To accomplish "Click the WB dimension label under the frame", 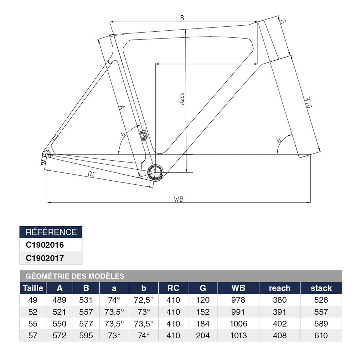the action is pos(179,199).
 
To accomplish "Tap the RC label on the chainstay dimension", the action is pos(91,174).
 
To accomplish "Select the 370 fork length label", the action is pos(308,102).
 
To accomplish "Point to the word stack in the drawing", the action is pos(182,99).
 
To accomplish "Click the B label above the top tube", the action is pos(182,18).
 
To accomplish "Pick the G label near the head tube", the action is pos(283,22).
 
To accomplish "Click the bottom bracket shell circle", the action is pos(155,172).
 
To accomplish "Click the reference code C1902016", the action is pos(45,245).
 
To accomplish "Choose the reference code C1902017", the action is pos(45,258).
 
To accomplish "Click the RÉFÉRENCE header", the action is pos(51,232).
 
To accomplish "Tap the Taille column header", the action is pos(33,288).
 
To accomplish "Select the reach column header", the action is pos(280,288).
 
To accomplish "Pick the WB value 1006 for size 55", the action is pos(239,324).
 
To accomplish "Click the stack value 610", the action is pos(321,336).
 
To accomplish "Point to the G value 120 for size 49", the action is pos(203,300).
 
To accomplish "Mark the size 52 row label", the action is pos(33,312).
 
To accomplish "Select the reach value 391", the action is pos(280,312).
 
